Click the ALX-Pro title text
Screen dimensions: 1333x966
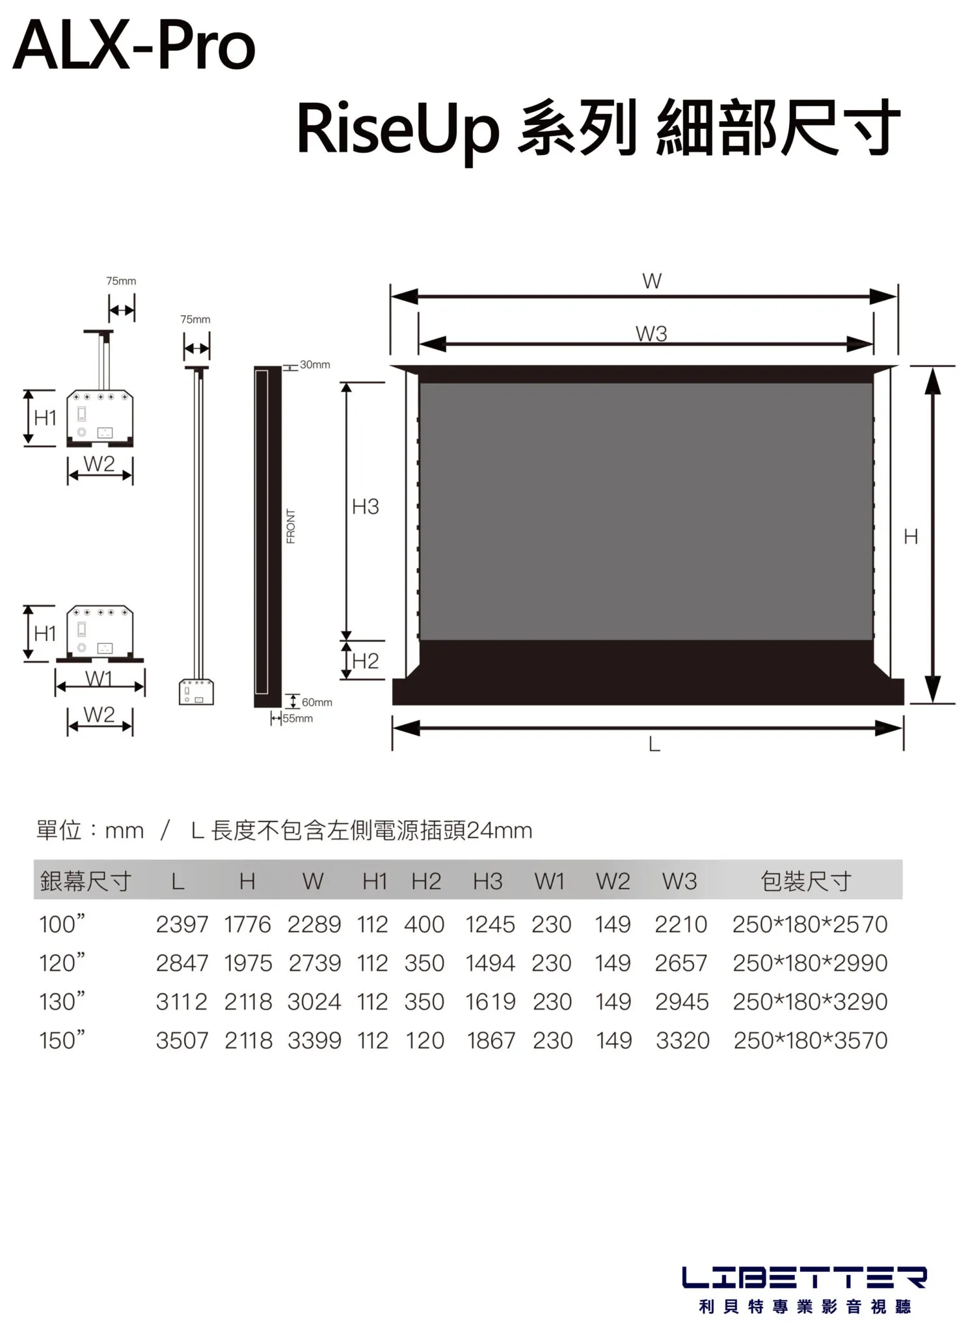pyautogui.click(x=134, y=46)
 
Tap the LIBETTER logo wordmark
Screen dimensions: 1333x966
pyautogui.click(x=804, y=1277)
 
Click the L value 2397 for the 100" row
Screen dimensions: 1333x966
pyautogui.click(x=181, y=924)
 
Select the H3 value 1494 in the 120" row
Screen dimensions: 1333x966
pyautogui.click(x=490, y=963)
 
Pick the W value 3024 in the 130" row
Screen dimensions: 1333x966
pyautogui.click(x=314, y=1002)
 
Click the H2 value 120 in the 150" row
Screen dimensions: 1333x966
pyautogui.click(x=424, y=1040)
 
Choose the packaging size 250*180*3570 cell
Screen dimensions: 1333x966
pyautogui.click(x=810, y=1040)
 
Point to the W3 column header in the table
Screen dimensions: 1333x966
pyautogui.click(x=679, y=881)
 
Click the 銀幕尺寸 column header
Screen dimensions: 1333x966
pyautogui.click(x=85, y=881)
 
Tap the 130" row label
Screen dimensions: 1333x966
pyautogui.click(x=62, y=1002)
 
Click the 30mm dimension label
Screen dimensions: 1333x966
pyautogui.click(x=315, y=364)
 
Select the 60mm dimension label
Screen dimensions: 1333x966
pyautogui.click(x=317, y=702)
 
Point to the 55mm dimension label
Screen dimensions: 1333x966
pyautogui.click(x=298, y=719)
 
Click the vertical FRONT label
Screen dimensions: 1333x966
pyautogui.click(x=291, y=526)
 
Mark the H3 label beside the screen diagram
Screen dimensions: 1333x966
pyautogui.click(x=365, y=506)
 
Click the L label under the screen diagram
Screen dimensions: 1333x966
pyautogui.click(x=654, y=744)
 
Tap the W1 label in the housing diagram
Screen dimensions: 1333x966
pyautogui.click(x=99, y=678)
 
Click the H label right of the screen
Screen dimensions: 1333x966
pyautogui.click(x=911, y=536)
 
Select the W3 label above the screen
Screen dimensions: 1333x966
pyautogui.click(x=651, y=334)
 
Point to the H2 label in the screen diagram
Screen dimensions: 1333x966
pyautogui.click(x=365, y=661)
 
